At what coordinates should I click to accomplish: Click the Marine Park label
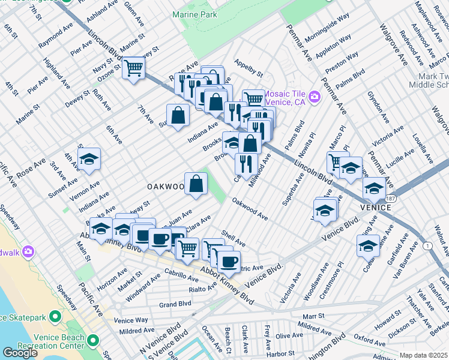[194, 14]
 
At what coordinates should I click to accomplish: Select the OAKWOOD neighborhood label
[165, 187]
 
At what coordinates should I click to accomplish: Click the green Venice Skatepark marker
[56, 316]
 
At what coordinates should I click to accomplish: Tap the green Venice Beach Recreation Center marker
[92, 341]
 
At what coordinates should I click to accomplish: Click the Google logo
[20, 353]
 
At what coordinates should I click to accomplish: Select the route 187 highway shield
[390, 198]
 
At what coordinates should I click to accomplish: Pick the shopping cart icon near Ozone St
[133, 68]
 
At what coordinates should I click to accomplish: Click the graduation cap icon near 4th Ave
[89, 159]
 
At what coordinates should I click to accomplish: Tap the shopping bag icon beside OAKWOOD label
[196, 184]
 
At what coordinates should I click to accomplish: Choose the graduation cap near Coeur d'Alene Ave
[368, 245]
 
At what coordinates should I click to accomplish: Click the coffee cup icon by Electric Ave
[228, 261]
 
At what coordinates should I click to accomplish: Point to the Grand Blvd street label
[175, 304]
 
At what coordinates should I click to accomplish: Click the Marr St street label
[313, 316]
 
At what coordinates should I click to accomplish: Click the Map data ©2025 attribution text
[423, 355]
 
